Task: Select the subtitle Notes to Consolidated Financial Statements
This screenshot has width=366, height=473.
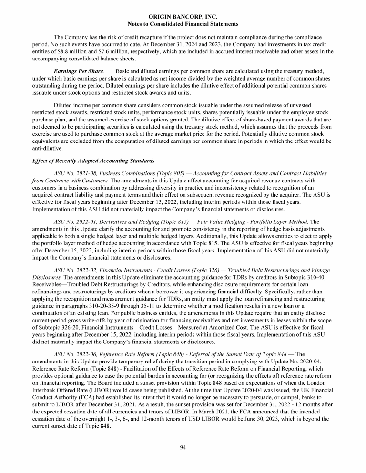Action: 183,24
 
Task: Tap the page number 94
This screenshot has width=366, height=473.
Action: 183,447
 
